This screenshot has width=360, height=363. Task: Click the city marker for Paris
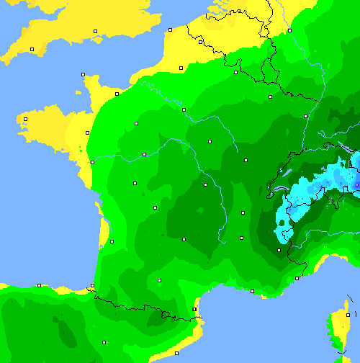[x=184, y=109]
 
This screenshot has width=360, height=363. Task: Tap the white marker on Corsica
[x=346, y=315]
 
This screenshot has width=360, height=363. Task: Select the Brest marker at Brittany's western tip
[x=25, y=119]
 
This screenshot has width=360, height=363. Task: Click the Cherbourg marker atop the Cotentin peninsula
[x=83, y=74]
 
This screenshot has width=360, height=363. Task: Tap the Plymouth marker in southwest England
[x=32, y=49]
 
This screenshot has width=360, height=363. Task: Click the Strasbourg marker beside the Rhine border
[x=305, y=115]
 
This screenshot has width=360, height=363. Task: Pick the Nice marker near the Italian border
[x=297, y=278]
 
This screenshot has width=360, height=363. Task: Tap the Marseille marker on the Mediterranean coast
[x=252, y=291]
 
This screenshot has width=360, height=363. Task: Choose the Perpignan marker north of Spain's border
[x=194, y=310]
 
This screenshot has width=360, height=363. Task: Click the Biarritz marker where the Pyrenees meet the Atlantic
[x=92, y=286]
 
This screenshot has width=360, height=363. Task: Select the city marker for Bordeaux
[x=112, y=241]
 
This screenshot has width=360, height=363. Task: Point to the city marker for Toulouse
[x=159, y=280]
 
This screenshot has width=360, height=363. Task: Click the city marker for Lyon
[x=243, y=212]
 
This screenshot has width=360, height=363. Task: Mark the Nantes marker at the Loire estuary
[x=92, y=162]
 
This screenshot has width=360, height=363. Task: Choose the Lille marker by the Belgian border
[x=201, y=42]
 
